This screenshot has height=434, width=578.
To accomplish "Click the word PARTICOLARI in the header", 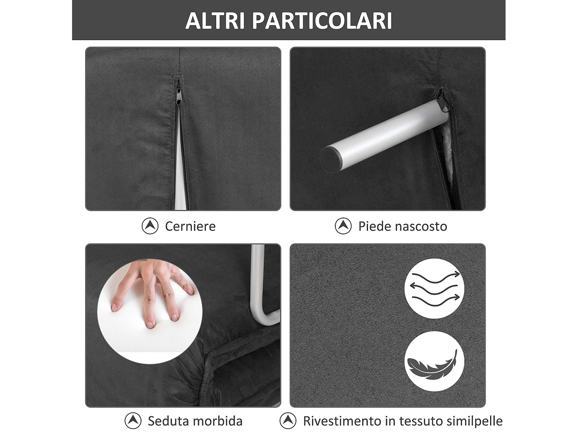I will coord(322,21).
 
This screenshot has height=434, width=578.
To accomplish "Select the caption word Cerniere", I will coord(190,226).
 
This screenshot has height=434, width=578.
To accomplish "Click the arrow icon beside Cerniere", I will coord(150,226).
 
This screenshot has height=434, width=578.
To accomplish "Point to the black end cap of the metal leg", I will coord(330,159).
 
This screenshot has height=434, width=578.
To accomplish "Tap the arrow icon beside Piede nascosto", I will coord(343,226).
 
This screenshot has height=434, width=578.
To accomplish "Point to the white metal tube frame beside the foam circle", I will coord(257,285).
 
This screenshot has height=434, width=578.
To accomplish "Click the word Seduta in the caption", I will coord(167,421).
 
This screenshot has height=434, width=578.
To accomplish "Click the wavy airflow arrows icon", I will coord(435,288).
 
